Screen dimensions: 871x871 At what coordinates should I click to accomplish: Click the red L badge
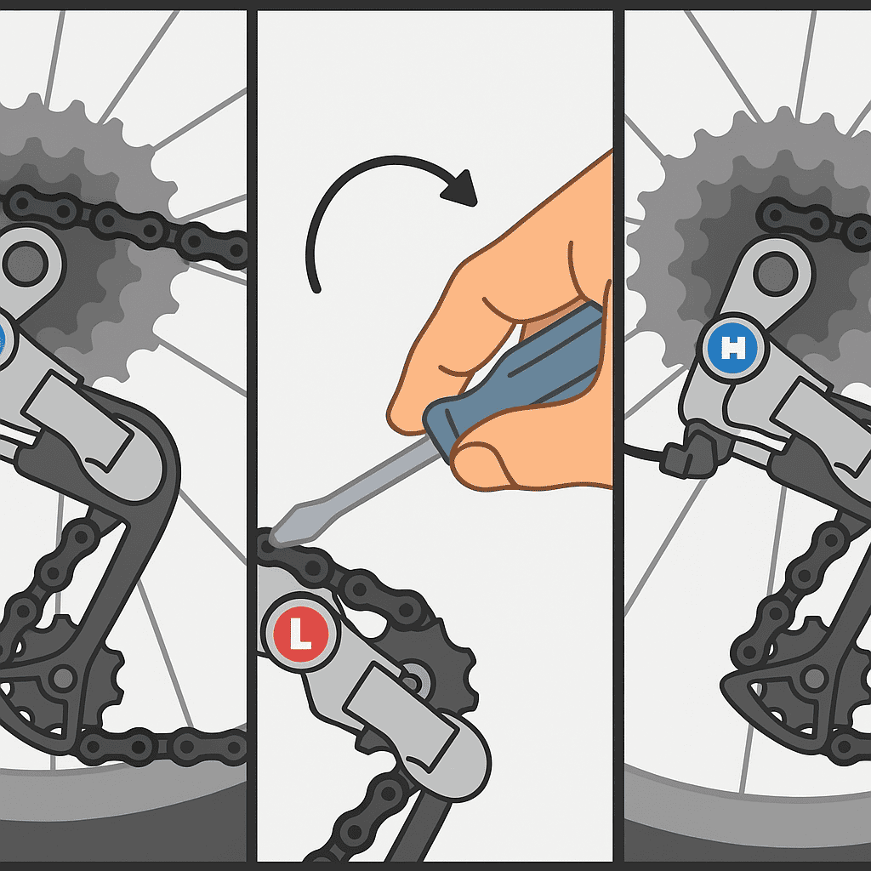coord(300,634)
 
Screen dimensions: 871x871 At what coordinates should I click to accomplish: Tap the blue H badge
coord(732,348)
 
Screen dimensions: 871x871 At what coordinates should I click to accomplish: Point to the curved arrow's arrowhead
coord(461,189)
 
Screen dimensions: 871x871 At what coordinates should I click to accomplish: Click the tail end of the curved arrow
coord(316,289)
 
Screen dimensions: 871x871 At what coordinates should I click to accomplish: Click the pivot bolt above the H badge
coord(776,273)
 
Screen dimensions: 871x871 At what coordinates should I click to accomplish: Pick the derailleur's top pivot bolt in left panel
coord(25,263)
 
